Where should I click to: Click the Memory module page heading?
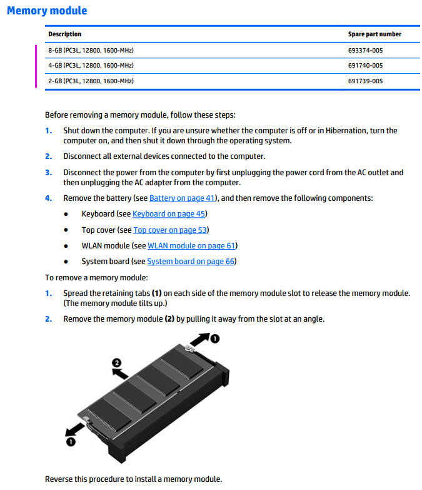[x=47, y=11]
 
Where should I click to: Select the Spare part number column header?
[x=374, y=34]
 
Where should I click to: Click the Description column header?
[x=65, y=34]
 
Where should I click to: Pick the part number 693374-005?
[x=366, y=50]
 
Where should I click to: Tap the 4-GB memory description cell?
[x=91, y=65]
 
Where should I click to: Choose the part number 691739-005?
[x=366, y=81]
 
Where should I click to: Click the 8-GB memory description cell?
[x=91, y=50]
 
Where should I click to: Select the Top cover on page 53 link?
[x=170, y=230]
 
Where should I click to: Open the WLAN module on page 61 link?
[x=191, y=246]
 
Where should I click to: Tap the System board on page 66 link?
[x=191, y=262]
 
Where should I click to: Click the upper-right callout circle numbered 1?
[x=214, y=339]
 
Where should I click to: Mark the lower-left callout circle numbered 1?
[x=71, y=442]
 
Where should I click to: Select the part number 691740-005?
[x=366, y=65]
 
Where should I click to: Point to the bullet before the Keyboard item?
[x=66, y=214]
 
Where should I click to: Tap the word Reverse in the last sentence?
[x=59, y=479]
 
